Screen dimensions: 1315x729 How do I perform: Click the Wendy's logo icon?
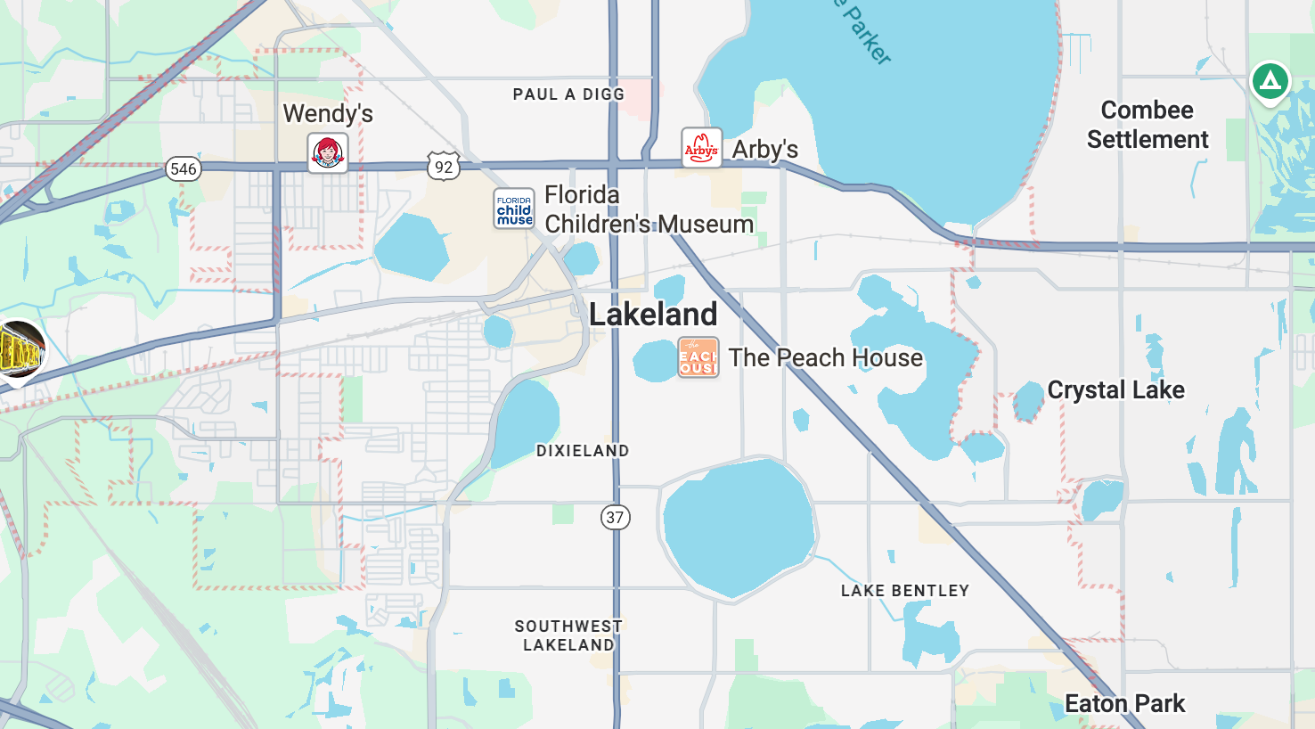pos(328,152)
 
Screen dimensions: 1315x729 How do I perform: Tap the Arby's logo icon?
pos(701,148)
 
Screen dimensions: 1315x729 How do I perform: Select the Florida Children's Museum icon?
pos(514,209)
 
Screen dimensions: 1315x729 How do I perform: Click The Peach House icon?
pos(698,357)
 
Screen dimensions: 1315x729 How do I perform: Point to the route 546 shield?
pos(183,168)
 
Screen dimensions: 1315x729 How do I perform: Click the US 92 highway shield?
pos(443,167)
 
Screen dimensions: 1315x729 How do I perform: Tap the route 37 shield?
pos(615,517)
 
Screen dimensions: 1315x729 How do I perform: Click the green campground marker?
pos(1270,81)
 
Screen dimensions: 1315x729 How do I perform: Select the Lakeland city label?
pos(653,314)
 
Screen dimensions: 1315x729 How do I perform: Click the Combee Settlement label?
pos(1148,125)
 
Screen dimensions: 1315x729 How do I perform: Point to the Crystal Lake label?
pos(1115,389)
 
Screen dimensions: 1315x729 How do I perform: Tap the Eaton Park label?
pos(1124,703)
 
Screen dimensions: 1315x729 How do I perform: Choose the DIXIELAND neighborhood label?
pos(583,451)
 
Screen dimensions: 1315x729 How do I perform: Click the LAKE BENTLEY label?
pos(904,591)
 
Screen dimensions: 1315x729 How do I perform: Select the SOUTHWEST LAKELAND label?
pos(568,635)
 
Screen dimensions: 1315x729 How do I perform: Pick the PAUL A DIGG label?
pos(568,94)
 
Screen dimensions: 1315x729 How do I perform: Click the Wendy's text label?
pos(328,113)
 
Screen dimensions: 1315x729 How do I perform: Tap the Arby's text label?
pos(764,149)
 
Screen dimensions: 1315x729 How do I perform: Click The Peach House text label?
pos(825,357)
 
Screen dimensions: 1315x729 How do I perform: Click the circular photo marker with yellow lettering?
pos(20,350)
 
